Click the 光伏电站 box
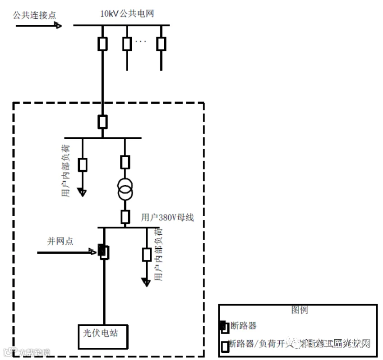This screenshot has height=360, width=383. click(x=105, y=336)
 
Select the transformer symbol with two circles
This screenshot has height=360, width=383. click(x=125, y=189)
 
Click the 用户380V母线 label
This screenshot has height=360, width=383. click(x=167, y=218)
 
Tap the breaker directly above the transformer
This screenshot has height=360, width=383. click(x=125, y=162)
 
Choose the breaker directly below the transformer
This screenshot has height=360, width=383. click(x=125, y=217)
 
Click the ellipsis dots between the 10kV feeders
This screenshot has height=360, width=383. click(x=141, y=42)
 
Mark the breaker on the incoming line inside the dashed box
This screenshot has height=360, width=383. click(x=103, y=122)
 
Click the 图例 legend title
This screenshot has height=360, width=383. click(x=300, y=310)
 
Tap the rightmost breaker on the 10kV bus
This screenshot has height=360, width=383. click(x=161, y=44)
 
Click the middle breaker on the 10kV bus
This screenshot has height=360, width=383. click(x=127, y=44)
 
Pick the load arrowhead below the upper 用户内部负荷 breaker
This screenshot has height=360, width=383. click(x=83, y=193)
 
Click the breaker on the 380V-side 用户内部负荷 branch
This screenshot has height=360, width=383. click(x=147, y=255)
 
